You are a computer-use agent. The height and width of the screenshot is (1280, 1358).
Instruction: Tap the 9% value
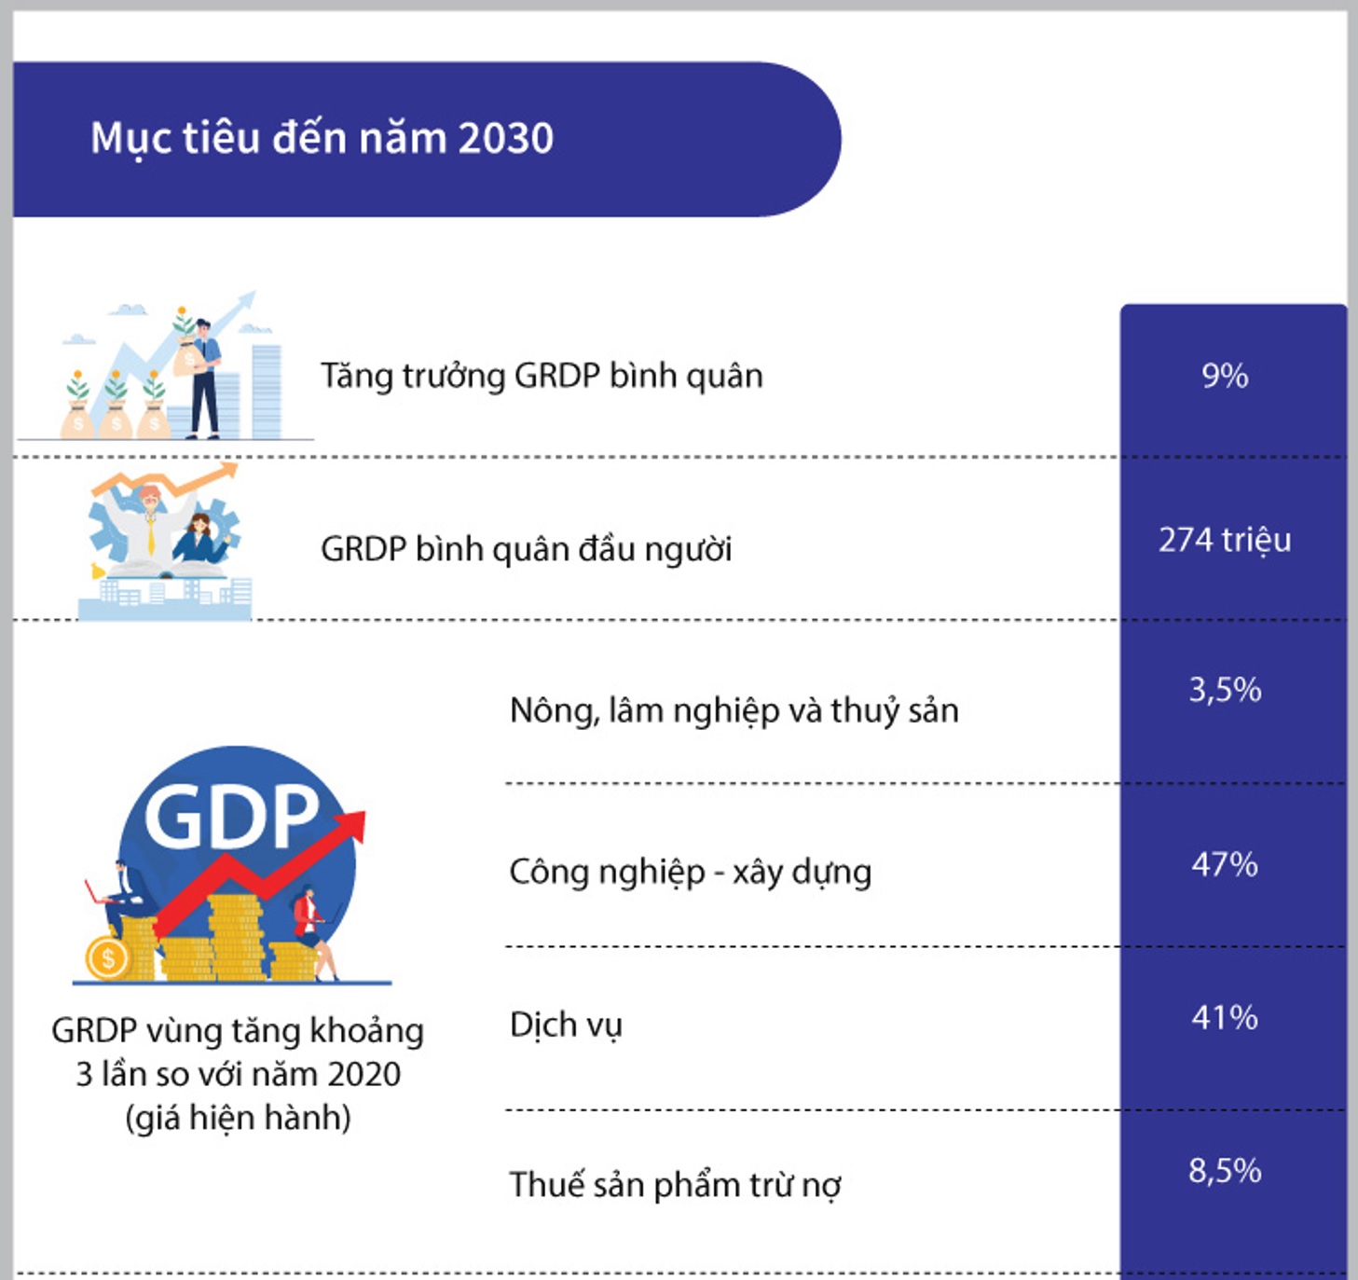(x=1225, y=377)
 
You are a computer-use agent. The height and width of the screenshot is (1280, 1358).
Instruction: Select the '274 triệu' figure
(x=1225, y=541)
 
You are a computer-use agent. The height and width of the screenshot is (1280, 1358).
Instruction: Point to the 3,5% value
(x=1225, y=690)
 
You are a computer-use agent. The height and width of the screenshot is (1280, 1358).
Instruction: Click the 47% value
(x=1225, y=865)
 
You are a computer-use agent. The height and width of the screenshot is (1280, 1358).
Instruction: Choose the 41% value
(x=1225, y=1017)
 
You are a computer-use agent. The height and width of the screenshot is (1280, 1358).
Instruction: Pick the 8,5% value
(x=1225, y=1171)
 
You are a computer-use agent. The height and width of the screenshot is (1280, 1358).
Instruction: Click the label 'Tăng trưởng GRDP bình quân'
(x=542, y=377)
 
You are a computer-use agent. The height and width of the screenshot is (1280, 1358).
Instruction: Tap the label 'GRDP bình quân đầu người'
(x=526, y=549)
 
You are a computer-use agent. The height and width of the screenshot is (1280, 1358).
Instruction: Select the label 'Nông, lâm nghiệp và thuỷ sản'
(x=734, y=711)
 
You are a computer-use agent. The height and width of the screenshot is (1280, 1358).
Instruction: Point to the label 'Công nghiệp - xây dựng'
(x=690, y=873)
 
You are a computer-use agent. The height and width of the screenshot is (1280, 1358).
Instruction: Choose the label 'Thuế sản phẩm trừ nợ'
(x=676, y=1185)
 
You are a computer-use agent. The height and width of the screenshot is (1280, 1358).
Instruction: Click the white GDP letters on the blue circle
(x=231, y=816)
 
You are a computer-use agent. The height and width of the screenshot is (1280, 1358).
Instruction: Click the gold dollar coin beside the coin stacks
(x=107, y=958)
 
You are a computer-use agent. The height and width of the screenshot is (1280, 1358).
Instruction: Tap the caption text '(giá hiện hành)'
(x=238, y=1118)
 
